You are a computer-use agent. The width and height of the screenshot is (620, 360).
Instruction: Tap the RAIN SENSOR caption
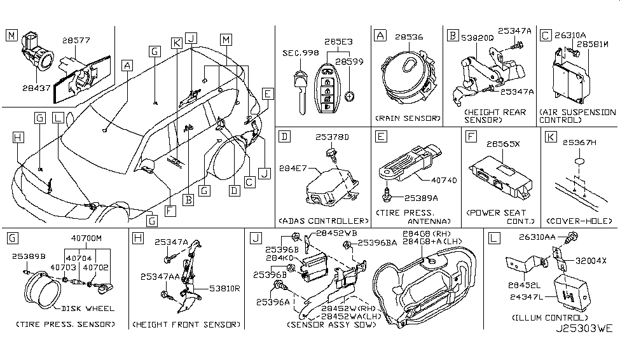click(405, 118)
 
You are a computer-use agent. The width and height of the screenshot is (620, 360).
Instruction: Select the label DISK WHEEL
click(89, 308)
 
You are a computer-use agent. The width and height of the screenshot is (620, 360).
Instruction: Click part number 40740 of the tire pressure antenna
click(444, 180)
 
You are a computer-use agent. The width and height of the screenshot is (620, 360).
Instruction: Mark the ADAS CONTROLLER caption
click(324, 221)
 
